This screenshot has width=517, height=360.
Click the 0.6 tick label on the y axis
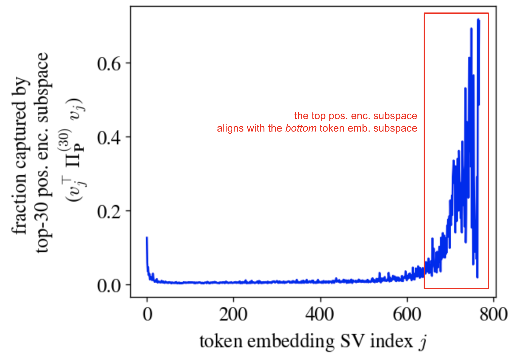(109, 64)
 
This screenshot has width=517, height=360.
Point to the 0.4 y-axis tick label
(109, 138)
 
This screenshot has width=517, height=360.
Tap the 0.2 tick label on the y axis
(109, 212)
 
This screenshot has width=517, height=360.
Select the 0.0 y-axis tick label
(109, 286)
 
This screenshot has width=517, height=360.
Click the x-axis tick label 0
(147, 314)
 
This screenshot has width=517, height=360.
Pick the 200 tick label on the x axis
(233, 314)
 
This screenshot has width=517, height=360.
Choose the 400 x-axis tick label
(320, 314)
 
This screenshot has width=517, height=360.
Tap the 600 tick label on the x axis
(407, 314)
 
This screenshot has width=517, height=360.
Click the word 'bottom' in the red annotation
(301, 128)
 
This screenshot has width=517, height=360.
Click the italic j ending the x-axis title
(423, 342)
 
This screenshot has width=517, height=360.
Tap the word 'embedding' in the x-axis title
(291, 341)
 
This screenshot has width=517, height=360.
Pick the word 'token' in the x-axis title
(221, 341)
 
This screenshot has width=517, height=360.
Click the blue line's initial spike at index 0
(147, 237)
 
